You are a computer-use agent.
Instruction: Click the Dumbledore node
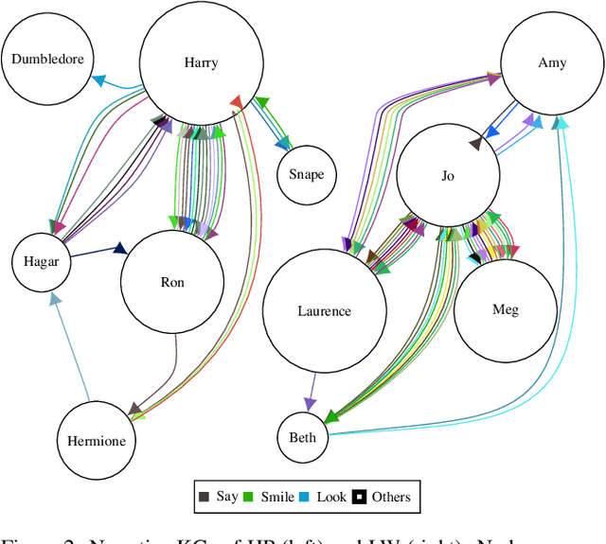pyautogui.click(x=47, y=59)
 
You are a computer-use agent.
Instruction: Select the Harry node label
pyautogui.click(x=201, y=63)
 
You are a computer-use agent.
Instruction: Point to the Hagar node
pyautogui.click(x=42, y=262)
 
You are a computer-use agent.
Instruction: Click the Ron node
pyautogui.click(x=172, y=282)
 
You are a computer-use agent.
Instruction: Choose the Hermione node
pyautogui.click(x=96, y=440)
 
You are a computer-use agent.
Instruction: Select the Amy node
pyautogui.click(x=552, y=63)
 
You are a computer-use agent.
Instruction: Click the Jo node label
pyautogui.click(x=448, y=176)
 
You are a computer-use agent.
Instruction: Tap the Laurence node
pyautogui.click(x=324, y=311)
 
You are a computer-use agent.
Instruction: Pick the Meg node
pyautogui.click(x=506, y=309)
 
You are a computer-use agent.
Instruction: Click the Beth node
pyautogui.click(x=303, y=437)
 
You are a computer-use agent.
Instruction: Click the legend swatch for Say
pyautogui.click(x=204, y=496)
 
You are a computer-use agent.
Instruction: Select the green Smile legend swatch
pyautogui.click(x=246, y=496)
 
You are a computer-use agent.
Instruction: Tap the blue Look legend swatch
pyautogui.click(x=304, y=496)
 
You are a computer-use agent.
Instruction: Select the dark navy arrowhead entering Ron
pyautogui.click(x=120, y=249)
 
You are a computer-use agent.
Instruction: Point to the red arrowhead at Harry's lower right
pyautogui.click(x=237, y=100)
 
